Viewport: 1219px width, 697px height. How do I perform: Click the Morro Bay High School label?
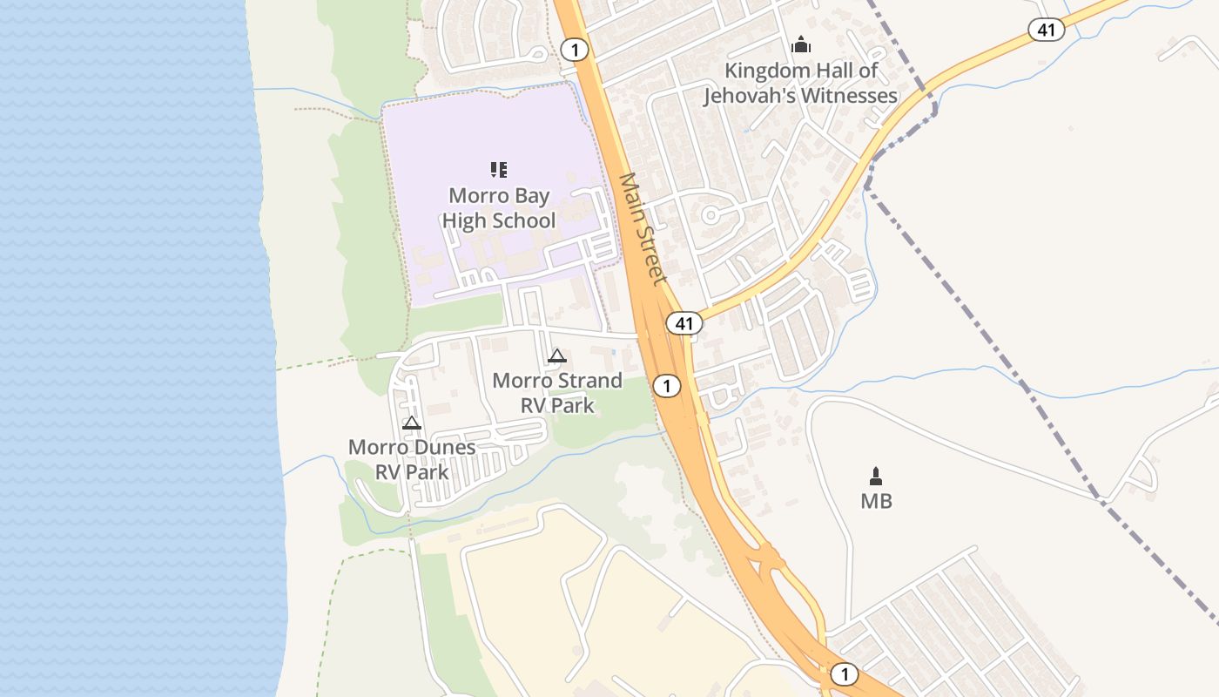498,208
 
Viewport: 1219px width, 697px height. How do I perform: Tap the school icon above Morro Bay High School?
498,169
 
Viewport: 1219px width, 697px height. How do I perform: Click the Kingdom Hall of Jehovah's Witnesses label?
801,83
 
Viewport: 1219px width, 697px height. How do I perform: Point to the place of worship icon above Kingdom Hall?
800,44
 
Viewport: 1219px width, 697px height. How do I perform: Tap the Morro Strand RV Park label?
557,393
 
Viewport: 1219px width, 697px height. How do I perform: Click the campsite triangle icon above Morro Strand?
557,355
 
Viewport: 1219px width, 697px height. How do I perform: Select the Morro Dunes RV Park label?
412,459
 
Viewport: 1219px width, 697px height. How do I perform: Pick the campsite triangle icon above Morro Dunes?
412,423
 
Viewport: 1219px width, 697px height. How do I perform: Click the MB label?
876,502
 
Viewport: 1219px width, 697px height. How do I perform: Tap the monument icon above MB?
876,476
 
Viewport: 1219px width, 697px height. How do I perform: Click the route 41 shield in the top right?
1046,30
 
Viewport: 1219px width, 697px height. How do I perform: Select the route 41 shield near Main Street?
684,324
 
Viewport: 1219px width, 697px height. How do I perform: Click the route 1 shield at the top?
575,49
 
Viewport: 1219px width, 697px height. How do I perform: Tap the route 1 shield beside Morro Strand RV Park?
666,385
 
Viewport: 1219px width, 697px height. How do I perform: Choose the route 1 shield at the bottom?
843,674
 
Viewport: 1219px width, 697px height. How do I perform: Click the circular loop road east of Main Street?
710,214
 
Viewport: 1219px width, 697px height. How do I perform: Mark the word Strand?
588,381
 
